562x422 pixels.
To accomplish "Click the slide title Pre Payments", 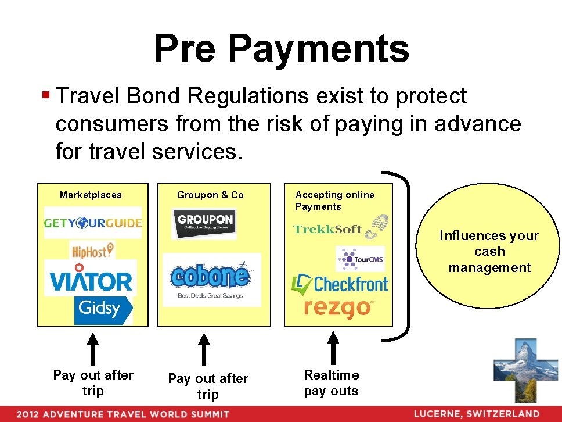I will (x=282, y=48).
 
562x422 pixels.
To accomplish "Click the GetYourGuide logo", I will (x=93, y=223).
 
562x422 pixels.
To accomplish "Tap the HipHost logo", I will (x=92, y=251).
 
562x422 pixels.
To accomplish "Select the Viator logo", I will (x=91, y=281).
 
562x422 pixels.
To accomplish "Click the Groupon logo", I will (x=205, y=223).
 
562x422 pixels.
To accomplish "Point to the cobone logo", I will (x=211, y=280).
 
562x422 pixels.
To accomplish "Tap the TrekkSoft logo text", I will (x=328, y=229).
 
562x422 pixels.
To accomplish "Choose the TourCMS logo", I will (x=360, y=259).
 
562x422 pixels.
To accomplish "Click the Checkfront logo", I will (x=340, y=284).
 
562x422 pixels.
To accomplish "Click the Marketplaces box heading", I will (x=91, y=195).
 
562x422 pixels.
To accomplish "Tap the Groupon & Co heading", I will (x=210, y=195).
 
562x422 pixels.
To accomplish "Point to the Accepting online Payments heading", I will (x=334, y=201).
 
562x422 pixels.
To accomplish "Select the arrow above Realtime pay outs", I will (x=333, y=347).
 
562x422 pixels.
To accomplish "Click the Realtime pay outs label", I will (x=332, y=383).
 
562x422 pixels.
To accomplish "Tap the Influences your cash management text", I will (x=489, y=252).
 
